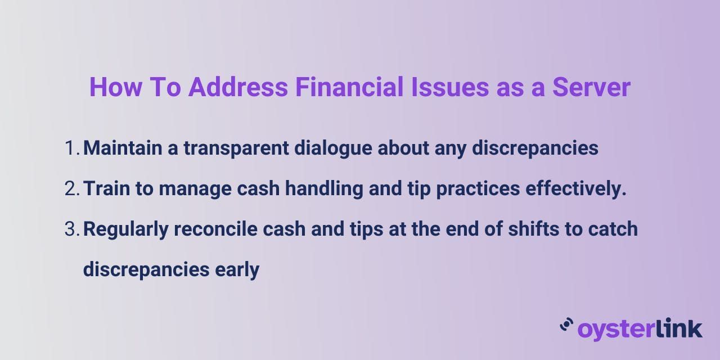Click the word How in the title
pyautogui.click(x=115, y=88)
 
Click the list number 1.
pyautogui.click(x=71, y=148)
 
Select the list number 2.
pyautogui.click(x=71, y=189)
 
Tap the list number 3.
pyautogui.click(x=71, y=229)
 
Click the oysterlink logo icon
pyautogui.click(x=566, y=325)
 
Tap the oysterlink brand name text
pyautogui.click(x=640, y=328)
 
